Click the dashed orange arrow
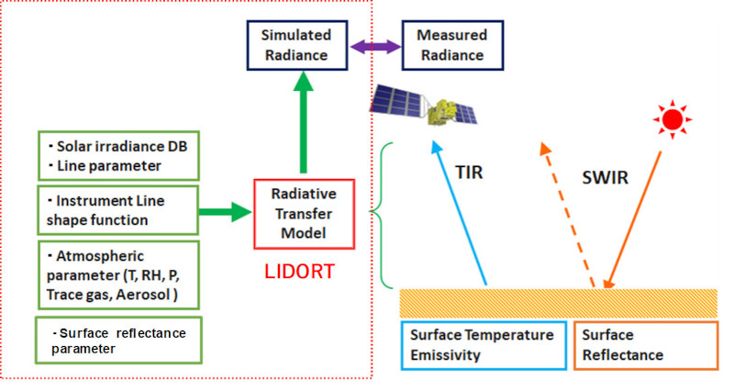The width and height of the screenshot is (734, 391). pyautogui.click(x=570, y=216)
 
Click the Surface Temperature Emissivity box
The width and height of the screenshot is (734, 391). pyautogui.click(x=482, y=344)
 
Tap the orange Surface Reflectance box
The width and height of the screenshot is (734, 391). pyautogui.click(x=645, y=344)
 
